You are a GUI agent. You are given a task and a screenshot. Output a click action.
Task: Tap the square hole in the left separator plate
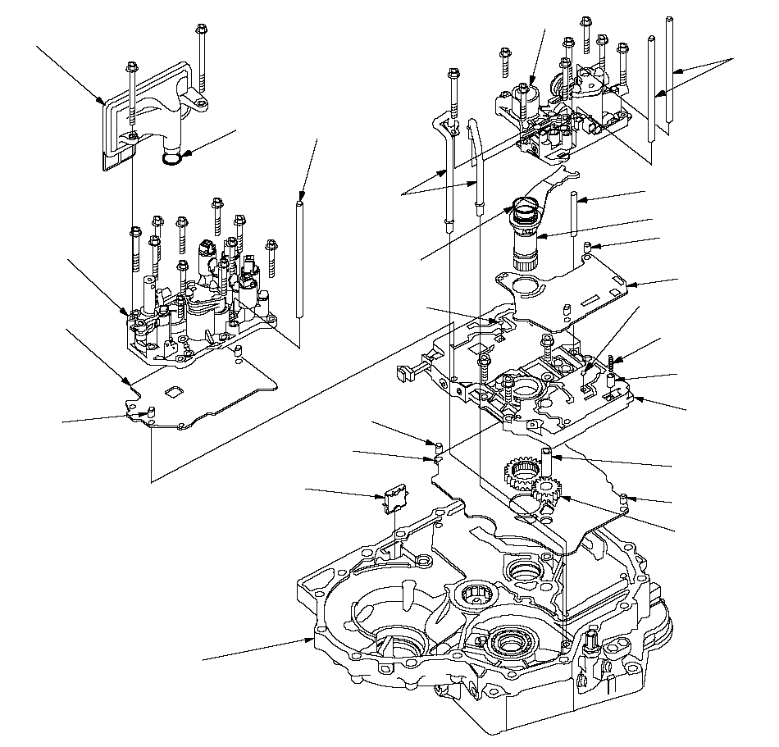pyautogui.click(x=174, y=392)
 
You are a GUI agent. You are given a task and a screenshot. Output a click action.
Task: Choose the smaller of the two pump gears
pyautogui.click(x=545, y=494)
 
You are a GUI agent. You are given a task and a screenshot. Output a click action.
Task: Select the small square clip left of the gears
pyautogui.click(x=394, y=498)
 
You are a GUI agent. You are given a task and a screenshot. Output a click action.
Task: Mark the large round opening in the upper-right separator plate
pyautogui.click(x=523, y=287)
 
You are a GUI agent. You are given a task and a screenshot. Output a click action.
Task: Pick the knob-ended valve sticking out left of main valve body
pyautogui.click(x=403, y=373)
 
